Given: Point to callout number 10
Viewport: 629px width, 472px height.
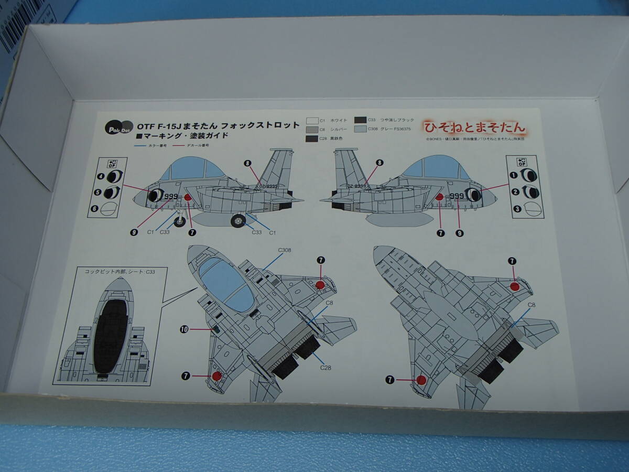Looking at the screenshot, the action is coord(183,329).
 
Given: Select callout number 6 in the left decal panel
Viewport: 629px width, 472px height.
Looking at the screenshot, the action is coord(94,209).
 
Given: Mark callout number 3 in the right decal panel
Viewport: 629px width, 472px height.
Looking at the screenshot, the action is coord(517,209).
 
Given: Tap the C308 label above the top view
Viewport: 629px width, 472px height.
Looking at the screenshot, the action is coord(285,250).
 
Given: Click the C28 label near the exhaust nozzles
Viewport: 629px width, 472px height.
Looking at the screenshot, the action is coord(326,368).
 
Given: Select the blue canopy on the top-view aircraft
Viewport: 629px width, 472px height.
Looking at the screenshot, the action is coord(227,284).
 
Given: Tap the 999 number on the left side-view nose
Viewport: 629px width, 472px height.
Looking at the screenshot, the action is coord(170,197).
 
